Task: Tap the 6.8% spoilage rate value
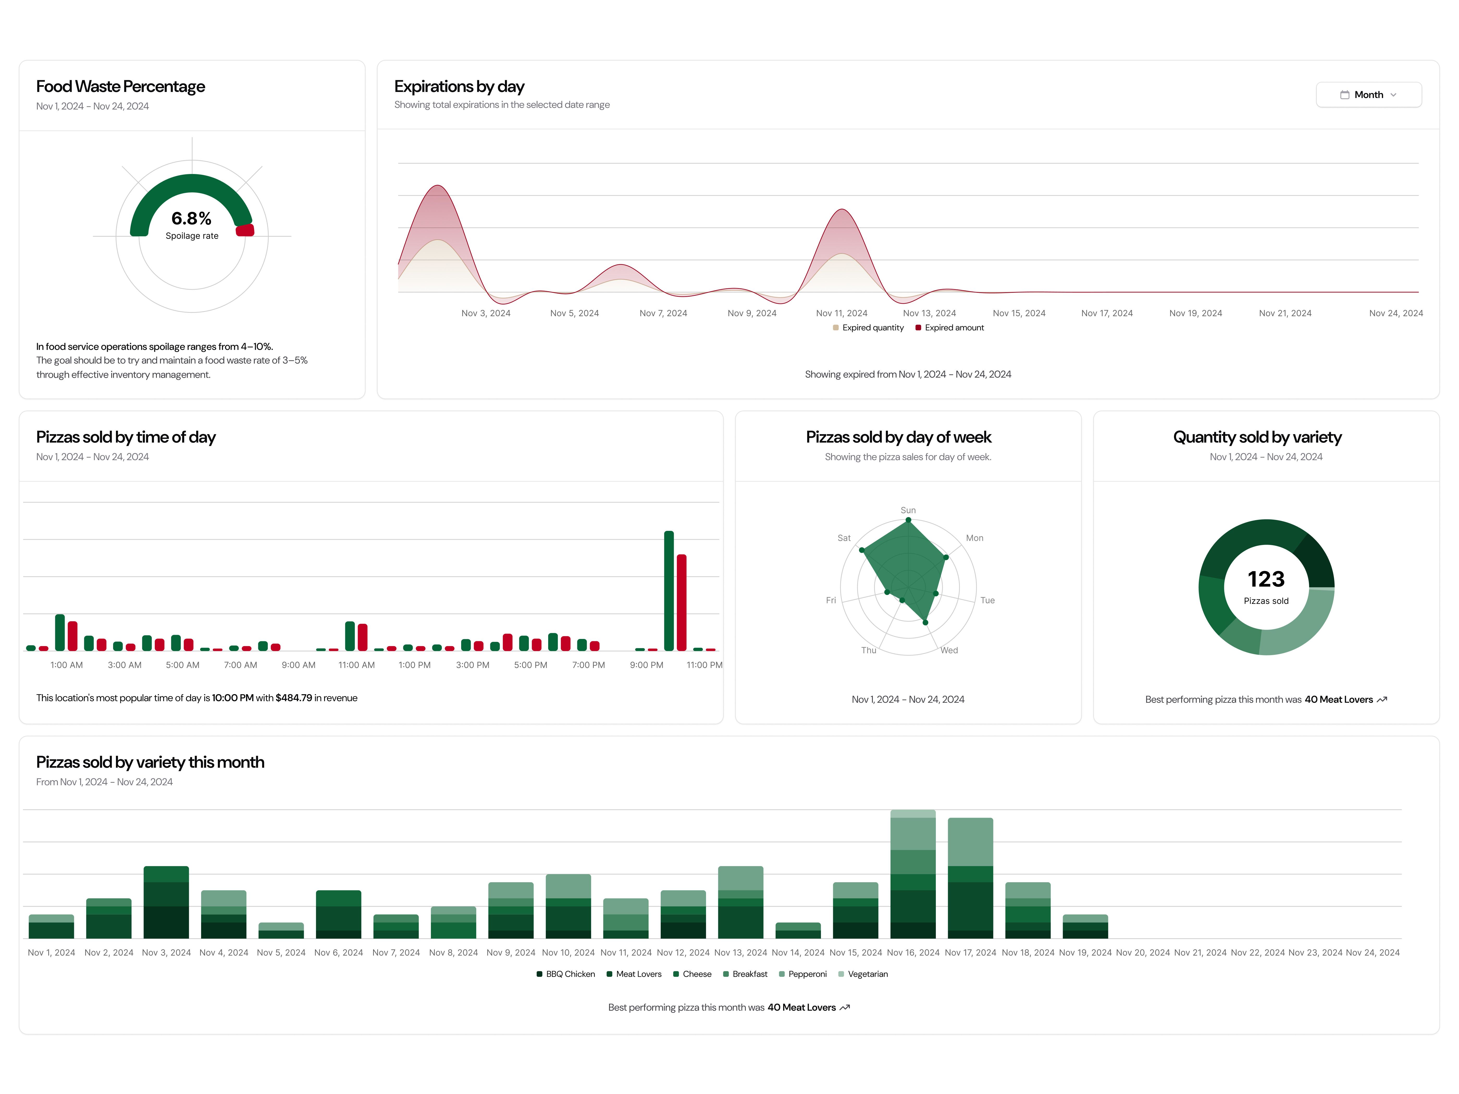(x=191, y=218)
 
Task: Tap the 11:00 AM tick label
(x=356, y=665)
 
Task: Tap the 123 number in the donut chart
(x=1266, y=579)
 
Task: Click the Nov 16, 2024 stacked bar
(x=913, y=874)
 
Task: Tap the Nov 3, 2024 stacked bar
(x=166, y=902)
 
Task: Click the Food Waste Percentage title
(x=121, y=86)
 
